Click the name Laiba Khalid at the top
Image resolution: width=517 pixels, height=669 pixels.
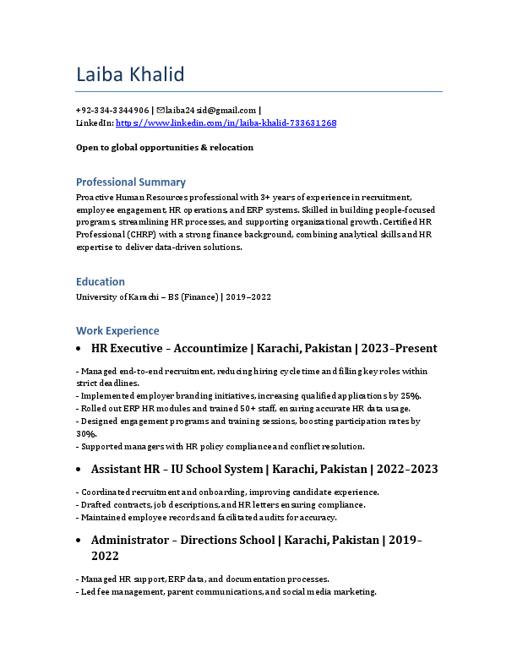130,75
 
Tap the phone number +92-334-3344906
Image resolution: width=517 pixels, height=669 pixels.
112,110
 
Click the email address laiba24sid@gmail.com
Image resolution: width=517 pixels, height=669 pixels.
211,110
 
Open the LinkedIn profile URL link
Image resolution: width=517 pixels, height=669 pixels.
226,123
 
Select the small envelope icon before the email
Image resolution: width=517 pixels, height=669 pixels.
161,110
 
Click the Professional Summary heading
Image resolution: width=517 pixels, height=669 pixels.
131,182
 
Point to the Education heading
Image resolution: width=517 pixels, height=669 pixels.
101,281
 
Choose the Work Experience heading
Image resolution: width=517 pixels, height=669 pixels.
117,330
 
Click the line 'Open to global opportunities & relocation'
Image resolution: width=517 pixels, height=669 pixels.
165,147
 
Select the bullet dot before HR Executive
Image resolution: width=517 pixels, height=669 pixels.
79,349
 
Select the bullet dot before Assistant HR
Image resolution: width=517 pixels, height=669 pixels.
79,470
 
